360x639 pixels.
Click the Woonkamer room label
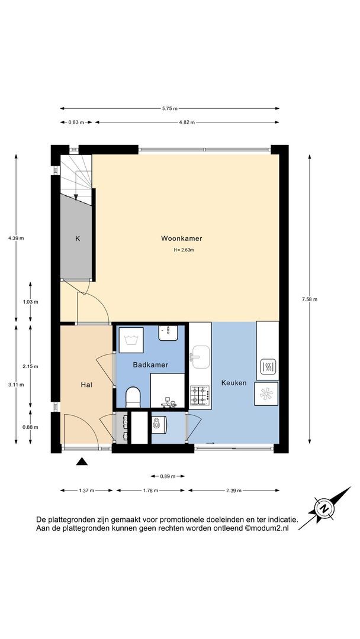point(181,238)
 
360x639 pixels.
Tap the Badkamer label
point(150,365)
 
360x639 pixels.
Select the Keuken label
point(234,383)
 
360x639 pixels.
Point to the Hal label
point(86,385)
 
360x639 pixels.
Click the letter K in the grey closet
point(78,239)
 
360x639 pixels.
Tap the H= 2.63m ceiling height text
point(184,250)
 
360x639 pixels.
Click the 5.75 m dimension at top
point(169,108)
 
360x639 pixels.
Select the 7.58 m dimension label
point(310,299)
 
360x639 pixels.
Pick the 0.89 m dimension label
point(168,476)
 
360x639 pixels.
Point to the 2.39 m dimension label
point(234,490)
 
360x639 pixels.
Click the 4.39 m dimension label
point(16,238)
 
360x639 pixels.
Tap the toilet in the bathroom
point(133,397)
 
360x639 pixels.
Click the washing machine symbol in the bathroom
point(131,340)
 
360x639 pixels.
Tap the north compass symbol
point(324,509)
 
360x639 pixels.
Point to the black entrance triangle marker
point(82,461)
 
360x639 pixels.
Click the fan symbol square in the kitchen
point(266,393)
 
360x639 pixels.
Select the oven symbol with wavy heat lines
point(268,367)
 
